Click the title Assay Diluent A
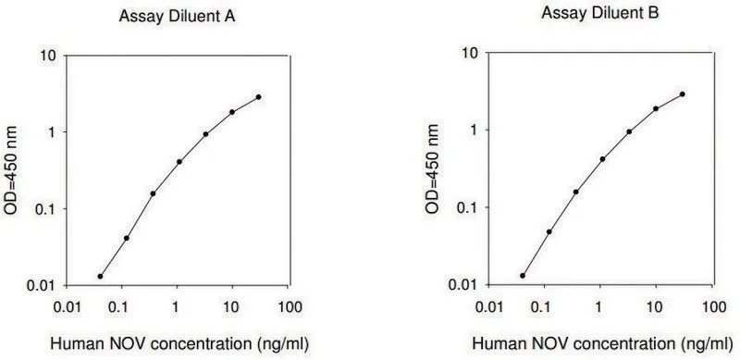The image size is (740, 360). (x=177, y=17)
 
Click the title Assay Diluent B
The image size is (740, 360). (x=599, y=14)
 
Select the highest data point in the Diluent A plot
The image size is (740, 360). (x=258, y=97)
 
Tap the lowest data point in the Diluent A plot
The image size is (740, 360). (x=100, y=277)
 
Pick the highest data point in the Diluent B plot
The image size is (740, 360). (x=683, y=94)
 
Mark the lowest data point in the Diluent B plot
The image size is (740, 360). (x=523, y=276)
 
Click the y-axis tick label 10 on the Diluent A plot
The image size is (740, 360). (x=48, y=56)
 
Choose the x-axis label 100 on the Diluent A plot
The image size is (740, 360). (x=289, y=307)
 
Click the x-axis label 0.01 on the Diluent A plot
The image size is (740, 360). (x=66, y=307)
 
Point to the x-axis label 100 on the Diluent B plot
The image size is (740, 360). (x=712, y=306)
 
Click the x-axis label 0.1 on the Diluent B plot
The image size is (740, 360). (x=544, y=306)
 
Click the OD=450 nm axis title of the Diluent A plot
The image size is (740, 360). (x=10, y=170)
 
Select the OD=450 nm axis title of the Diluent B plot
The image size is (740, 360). (x=432, y=168)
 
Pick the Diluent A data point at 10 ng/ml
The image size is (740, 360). (x=232, y=112)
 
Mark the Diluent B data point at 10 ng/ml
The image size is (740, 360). (x=656, y=108)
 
